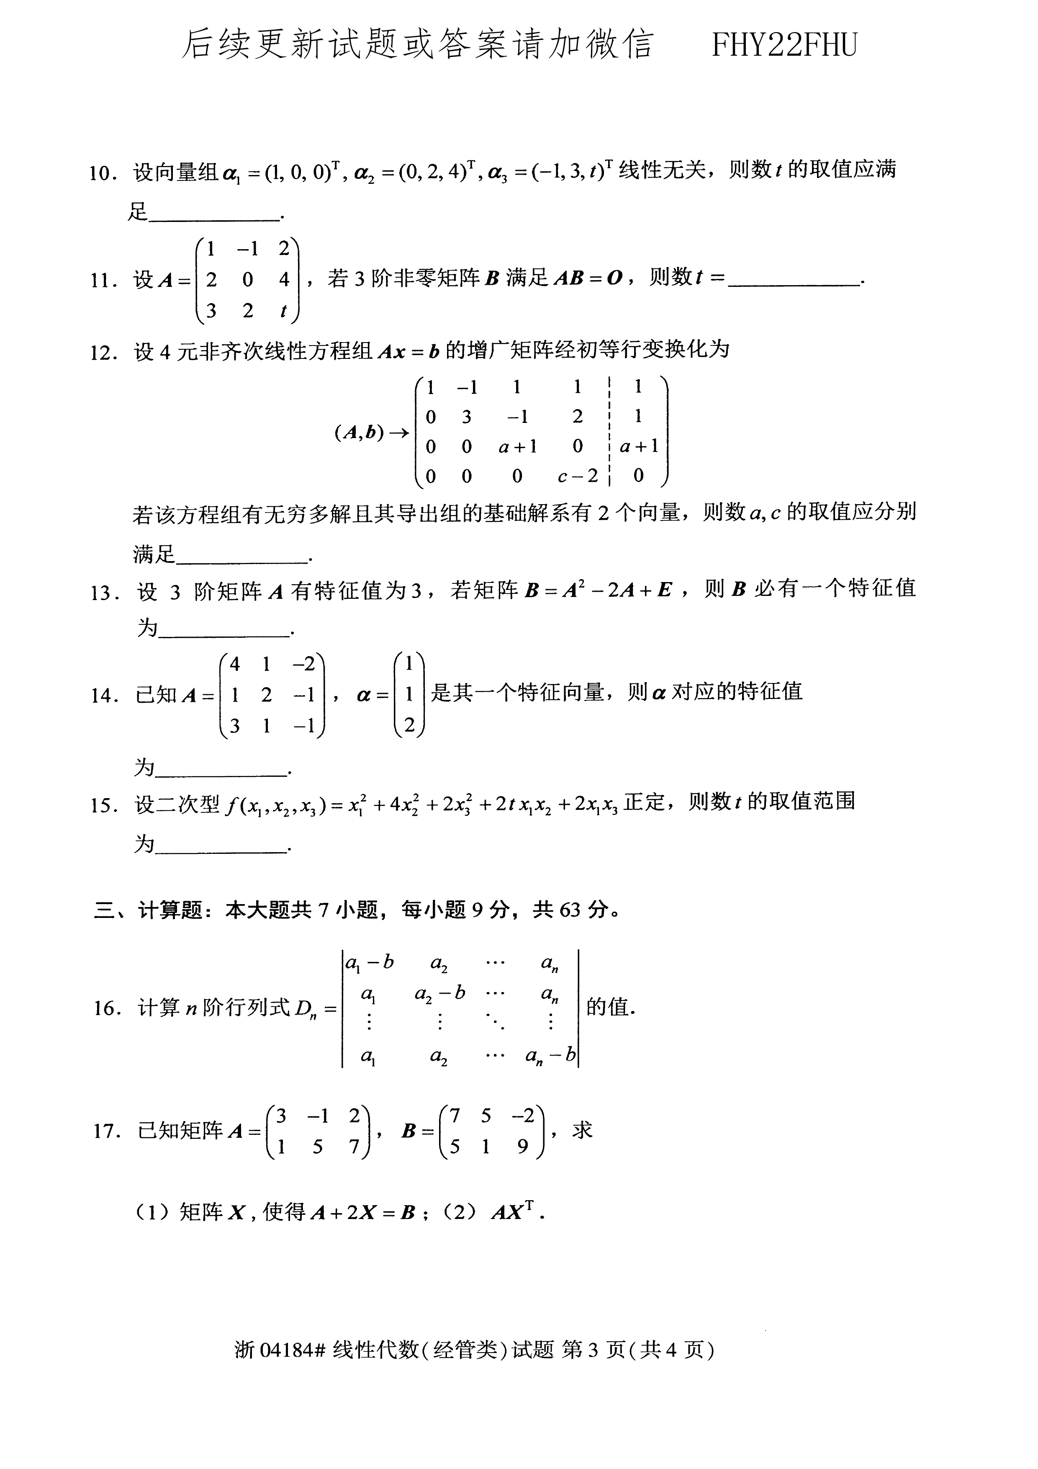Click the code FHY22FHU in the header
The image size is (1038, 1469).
coord(784,45)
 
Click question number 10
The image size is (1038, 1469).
coord(102,173)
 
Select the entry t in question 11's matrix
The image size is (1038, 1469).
coord(283,311)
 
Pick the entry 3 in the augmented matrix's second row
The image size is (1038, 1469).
coord(467,417)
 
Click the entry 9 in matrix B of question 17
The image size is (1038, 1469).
coord(522,1147)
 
